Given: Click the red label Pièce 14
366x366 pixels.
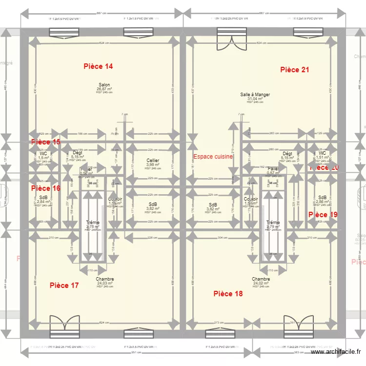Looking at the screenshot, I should tap(98, 66).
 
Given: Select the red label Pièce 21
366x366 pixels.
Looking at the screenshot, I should tap(294, 70).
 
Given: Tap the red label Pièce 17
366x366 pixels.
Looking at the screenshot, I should tap(64, 285).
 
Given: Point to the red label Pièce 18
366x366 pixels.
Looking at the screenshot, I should tap(228, 294).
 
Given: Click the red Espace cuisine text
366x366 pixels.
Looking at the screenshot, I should tap(213, 157).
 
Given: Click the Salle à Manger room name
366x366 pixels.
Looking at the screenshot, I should tap(255, 95).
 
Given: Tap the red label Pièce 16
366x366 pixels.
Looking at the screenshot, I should tap(46, 188).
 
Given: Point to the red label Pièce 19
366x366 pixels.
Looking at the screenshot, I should tap(323, 215).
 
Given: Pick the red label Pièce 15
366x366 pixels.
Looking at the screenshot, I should tap(46, 142).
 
